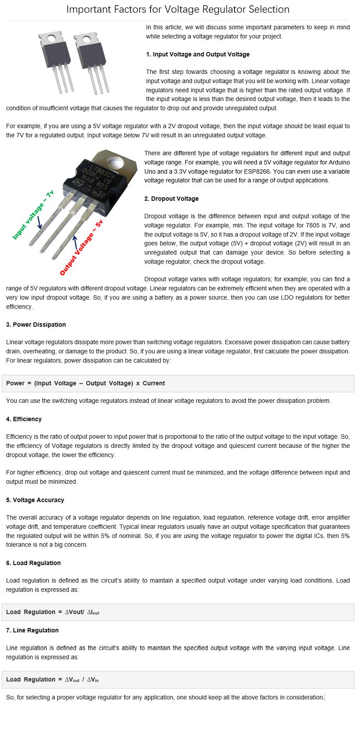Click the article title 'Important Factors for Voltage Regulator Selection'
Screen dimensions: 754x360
tap(178, 9)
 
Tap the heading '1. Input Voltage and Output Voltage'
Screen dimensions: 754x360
tap(198, 54)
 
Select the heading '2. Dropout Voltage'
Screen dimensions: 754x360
tap(171, 199)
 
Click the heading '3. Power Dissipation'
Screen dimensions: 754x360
tap(36, 325)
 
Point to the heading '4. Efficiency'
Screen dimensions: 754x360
tap(24, 419)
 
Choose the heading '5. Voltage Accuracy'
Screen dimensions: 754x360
tap(35, 500)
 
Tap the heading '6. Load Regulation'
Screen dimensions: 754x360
tap(33, 563)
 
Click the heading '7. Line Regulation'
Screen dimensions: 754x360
tap(32, 630)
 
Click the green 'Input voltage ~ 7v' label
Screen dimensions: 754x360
tap(33, 215)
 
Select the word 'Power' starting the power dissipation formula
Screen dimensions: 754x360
tap(15, 383)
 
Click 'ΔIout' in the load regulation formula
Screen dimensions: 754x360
tap(93, 612)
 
